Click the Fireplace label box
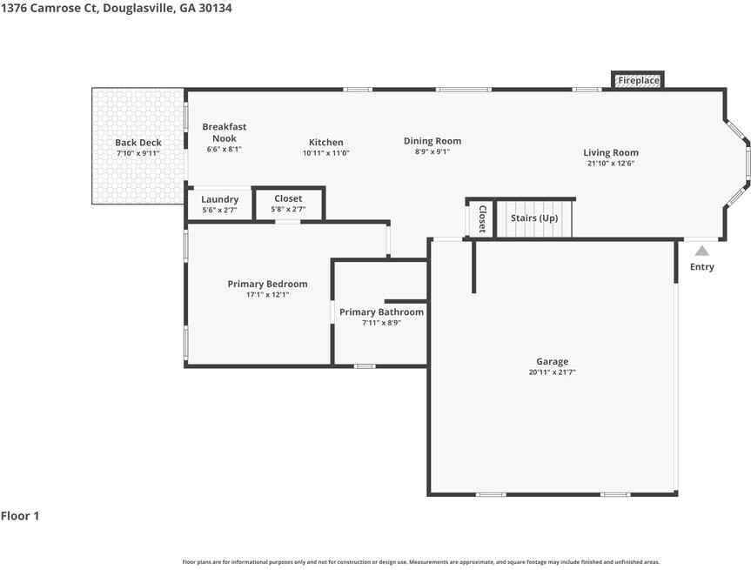click(x=638, y=80)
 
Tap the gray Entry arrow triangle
click(x=701, y=251)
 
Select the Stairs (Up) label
click(x=534, y=218)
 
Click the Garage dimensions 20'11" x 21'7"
click(x=553, y=372)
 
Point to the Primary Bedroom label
click(x=267, y=284)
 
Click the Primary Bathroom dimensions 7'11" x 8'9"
click(x=381, y=323)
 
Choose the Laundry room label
click(x=220, y=199)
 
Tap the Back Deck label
click(x=138, y=142)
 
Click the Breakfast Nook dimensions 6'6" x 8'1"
click(x=225, y=149)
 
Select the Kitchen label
click(x=325, y=142)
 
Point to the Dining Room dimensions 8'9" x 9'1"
click(x=432, y=151)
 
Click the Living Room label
click(x=611, y=153)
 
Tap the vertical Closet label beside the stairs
click(x=482, y=219)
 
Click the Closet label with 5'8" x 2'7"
click(x=288, y=198)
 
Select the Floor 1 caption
click(x=20, y=516)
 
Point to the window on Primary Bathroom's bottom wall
click(x=365, y=366)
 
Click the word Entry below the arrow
click(x=701, y=267)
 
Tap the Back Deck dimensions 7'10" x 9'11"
click(x=138, y=153)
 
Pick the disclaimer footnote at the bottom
click(x=421, y=562)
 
